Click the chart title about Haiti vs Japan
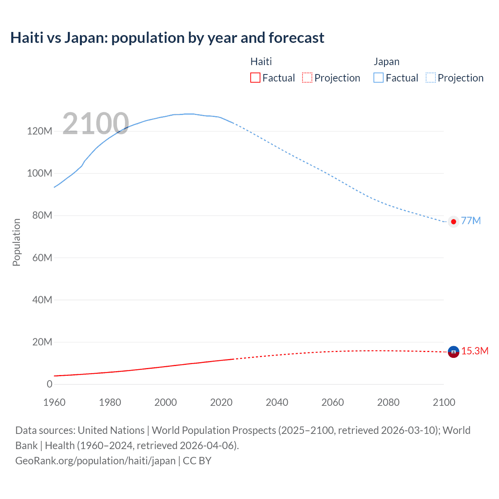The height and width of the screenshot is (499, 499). click(167, 38)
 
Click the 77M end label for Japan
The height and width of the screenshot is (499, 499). click(471, 221)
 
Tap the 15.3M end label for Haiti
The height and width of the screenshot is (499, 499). click(475, 351)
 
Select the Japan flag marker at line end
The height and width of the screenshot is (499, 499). click(453, 221)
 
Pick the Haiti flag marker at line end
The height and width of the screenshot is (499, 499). click(453, 352)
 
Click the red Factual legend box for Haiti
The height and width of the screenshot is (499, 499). click(255, 78)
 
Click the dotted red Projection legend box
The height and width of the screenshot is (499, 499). click(307, 78)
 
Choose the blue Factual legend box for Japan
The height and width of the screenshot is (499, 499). click(379, 78)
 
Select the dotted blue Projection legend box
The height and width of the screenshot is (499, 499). click(430, 78)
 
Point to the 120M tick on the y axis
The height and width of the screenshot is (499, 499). click(39, 131)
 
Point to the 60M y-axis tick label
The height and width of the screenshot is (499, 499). click(42, 258)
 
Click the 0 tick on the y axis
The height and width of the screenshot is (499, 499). click(50, 384)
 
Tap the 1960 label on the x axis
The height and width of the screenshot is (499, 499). click(54, 402)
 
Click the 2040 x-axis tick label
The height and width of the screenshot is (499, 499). click(277, 402)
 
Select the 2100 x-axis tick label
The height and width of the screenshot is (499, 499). click(444, 402)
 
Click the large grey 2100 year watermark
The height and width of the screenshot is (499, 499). click(96, 124)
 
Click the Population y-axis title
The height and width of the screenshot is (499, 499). click(16, 242)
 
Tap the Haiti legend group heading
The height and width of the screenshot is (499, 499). click(261, 62)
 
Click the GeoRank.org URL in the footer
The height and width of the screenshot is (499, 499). click(96, 460)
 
